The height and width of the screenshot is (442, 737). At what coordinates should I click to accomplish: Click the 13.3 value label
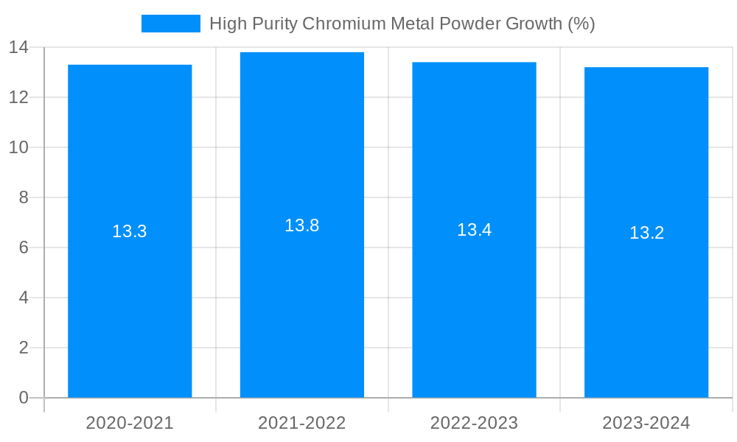pyautogui.click(x=130, y=231)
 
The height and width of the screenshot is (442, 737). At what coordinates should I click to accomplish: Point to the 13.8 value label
pyautogui.click(x=302, y=225)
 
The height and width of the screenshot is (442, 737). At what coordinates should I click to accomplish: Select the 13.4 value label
pyautogui.click(x=474, y=230)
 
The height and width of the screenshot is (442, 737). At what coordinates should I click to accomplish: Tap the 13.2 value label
pyautogui.click(x=646, y=233)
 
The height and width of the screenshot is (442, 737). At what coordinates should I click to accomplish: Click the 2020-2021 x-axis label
pyautogui.click(x=130, y=423)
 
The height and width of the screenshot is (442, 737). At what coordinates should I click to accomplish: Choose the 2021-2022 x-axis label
pyautogui.click(x=302, y=423)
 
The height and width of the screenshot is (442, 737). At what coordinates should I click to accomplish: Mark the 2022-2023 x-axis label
pyautogui.click(x=474, y=423)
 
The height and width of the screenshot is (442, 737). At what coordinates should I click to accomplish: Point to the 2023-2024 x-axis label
pyautogui.click(x=646, y=423)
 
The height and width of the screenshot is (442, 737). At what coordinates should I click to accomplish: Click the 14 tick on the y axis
pyautogui.click(x=18, y=47)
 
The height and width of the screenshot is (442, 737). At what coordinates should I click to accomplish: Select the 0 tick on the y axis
pyautogui.click(x=24, y=398)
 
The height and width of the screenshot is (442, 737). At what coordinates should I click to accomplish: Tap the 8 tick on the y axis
pyautogui.click(x=24, y=197)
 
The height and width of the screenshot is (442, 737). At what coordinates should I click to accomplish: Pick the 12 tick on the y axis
pyautogui.click(x=18, y=97)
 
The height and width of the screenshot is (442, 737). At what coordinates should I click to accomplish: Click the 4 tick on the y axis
pyautogui.click(x=24, y=298)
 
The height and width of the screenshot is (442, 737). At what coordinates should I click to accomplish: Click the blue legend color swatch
pyautogui.click(x=170, y=24)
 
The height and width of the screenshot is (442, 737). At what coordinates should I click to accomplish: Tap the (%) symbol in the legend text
pyautogui.click(x=581, y=24)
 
